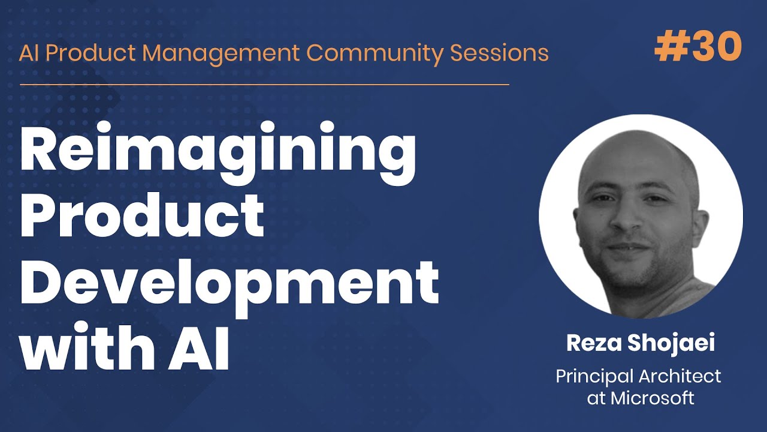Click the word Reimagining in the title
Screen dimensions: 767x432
pyautogui.click(x=218, y=153)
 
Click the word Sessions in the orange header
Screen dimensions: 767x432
pyautogui.click(x=499, y=53)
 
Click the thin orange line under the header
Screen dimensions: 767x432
pyautogui.click(x=264, y=84)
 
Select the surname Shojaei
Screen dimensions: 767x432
pyautogui.click(x=671, y=343)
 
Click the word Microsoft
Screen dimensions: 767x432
pyautogui.click(x=653, y=398)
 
